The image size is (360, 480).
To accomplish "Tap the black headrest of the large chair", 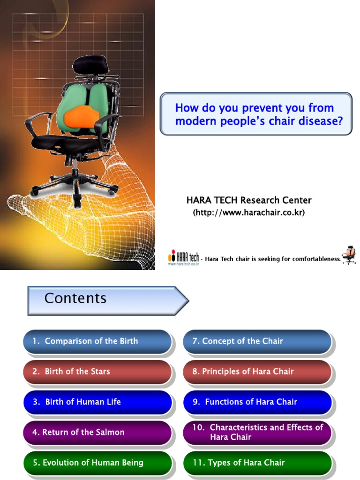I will (90, 64).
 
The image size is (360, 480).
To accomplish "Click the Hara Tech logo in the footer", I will (183, 258).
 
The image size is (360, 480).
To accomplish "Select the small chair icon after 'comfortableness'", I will (349, 255).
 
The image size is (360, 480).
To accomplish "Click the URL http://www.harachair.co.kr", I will (249, 212).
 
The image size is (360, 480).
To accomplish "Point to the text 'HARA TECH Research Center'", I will (249, 200).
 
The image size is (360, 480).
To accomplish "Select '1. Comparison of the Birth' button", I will (97, 341).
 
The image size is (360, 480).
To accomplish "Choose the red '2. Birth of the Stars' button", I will (97, 372).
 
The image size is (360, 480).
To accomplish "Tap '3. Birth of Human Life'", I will (97, 402).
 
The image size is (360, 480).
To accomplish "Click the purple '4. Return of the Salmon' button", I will (97, 432).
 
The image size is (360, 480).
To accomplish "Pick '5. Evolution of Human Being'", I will (97, 463).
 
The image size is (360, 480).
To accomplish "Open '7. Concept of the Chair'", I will (257, 341).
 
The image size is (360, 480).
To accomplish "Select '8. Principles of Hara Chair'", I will (257, 372).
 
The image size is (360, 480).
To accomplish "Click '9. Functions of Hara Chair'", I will (257, 402).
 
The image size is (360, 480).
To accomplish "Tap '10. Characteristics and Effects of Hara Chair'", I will (257, 432).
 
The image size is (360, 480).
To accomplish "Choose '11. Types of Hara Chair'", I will (257, 463).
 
